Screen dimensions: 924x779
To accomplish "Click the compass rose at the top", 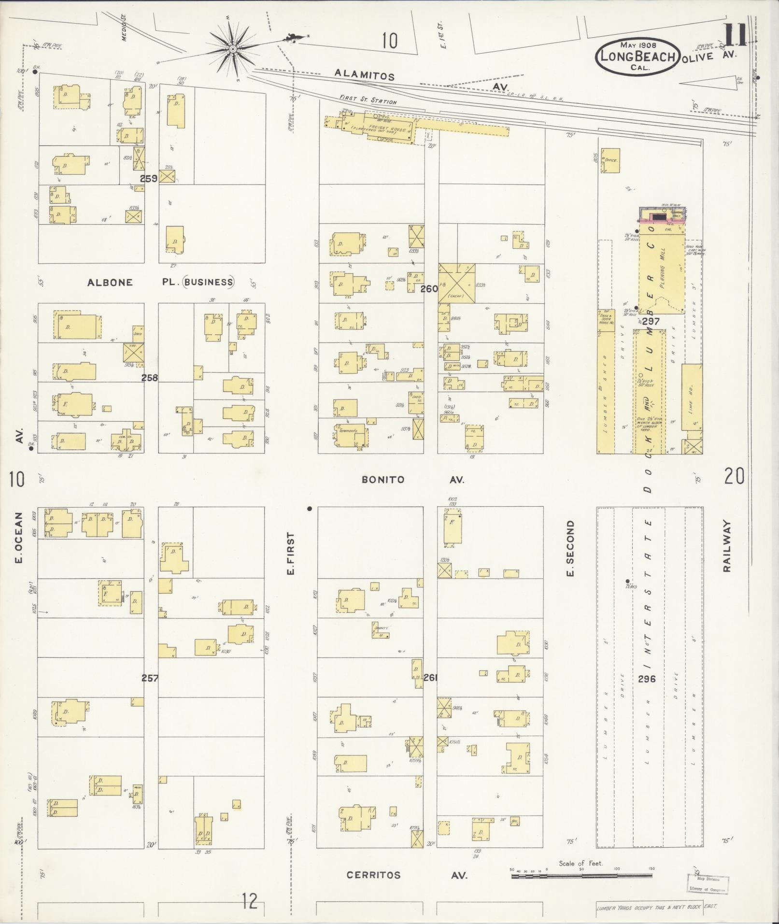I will click(x=233, y=49).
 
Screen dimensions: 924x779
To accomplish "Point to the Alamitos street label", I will click(x=365, y=75).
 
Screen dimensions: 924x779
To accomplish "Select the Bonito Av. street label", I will click(x=412, y=480).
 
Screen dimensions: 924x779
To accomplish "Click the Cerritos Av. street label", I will click(x=407, y=875).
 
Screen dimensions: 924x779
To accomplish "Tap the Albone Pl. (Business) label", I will click(x=160, y=283).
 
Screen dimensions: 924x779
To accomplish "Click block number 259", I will click(x=149, y=178).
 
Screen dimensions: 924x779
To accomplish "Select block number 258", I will click(x=150, y=378).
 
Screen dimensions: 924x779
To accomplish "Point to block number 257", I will click(x=150, y=678).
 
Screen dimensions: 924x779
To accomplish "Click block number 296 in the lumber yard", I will click(x=646, y=679).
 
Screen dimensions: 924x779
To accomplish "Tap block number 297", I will click(x=651, y=321).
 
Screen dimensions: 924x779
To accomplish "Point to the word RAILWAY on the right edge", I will click(x=727, y=546).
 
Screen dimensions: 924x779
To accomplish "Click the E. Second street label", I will click(x=570, y=548).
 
